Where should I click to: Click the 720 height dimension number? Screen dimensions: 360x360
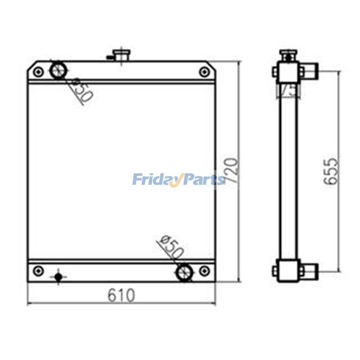[232, 170]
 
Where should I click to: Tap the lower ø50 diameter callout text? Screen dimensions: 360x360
[171, 247]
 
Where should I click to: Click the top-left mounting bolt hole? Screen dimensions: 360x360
[39, 72]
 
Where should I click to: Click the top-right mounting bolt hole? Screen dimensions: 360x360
[204, 72]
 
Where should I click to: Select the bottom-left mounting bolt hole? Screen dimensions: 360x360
[39, 271]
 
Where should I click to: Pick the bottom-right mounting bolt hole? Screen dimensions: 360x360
[204, 271]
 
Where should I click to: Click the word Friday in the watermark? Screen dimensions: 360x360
[154, 180]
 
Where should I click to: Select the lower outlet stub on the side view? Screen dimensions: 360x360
[309, 270]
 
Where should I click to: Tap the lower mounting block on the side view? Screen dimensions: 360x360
[287, 271]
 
